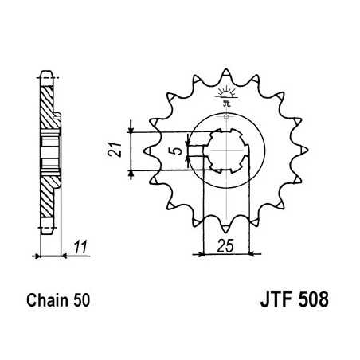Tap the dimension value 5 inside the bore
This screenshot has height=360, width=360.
[178, 148]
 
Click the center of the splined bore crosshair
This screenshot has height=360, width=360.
[227, 149]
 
